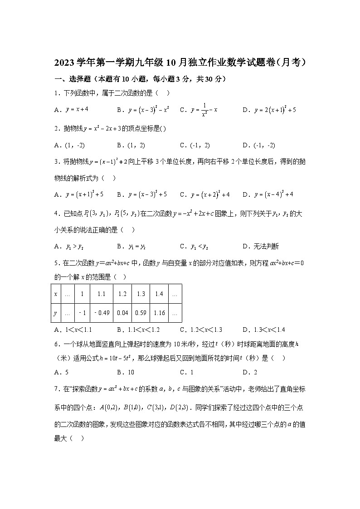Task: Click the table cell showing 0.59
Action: [x=141, y=313]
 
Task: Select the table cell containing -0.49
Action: [x=101, y=313]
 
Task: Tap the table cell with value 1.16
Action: [x=159, y=313]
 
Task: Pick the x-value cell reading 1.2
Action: [x=122, y=294]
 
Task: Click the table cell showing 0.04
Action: [x=122, y=313]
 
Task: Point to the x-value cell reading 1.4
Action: [x=159, y=294]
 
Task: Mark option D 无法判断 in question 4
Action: [x=261, y=247]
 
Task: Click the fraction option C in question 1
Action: [x=199, y=110]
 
